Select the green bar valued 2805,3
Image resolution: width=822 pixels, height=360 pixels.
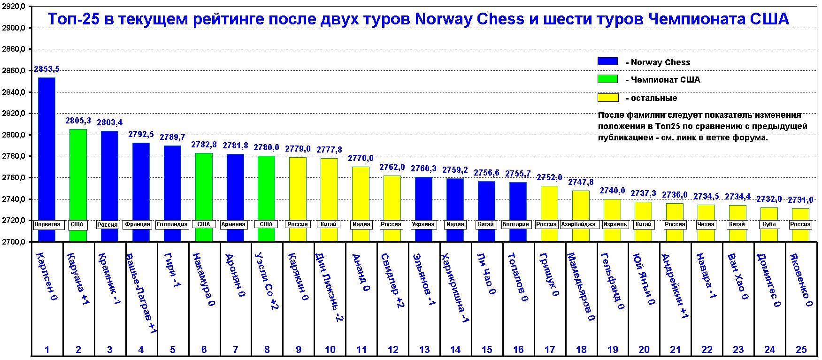pos(78,174)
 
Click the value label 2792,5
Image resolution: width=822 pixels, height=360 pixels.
pos(141,134)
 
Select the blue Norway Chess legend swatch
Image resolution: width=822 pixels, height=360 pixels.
pos(607,61)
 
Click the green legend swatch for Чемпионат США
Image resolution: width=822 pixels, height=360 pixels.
pos(607,79)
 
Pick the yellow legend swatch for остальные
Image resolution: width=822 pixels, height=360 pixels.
pos(607,98)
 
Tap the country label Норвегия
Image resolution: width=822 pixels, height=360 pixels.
pos(47,224)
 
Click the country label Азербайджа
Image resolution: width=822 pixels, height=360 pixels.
pos(578,224)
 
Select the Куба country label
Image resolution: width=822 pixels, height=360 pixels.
pos(769,224)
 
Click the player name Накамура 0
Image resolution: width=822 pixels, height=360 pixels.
pos(204,280)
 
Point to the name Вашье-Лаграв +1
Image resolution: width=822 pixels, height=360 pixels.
pos(141,293)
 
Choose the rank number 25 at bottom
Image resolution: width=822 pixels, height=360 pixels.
pos(801,350)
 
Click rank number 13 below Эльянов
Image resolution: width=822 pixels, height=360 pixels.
pos(424,350)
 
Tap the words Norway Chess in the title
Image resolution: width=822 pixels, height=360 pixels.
pos(469,19)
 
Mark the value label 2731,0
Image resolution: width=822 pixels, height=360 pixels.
pos(800,200)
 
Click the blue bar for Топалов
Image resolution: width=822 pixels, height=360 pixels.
pos(518,199)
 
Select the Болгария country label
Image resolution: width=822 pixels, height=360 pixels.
pos(515,224)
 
